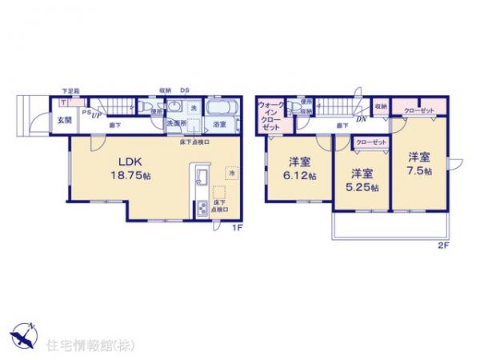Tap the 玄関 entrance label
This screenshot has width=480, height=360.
click(62, 120)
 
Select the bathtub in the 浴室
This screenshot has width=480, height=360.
click(218, 107)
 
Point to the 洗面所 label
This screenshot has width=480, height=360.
click(177, 124)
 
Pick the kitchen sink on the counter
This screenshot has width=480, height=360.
click(201, 176)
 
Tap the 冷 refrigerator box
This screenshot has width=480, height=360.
click(231, 174)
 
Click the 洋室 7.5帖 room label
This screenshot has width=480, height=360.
click(418, 164)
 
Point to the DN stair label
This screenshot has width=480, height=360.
click(362, 119)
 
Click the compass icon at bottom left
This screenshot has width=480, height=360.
click(22, 334)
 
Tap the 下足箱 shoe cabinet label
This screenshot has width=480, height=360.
click(70, 93)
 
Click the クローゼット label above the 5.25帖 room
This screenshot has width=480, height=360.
click(370, 142)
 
